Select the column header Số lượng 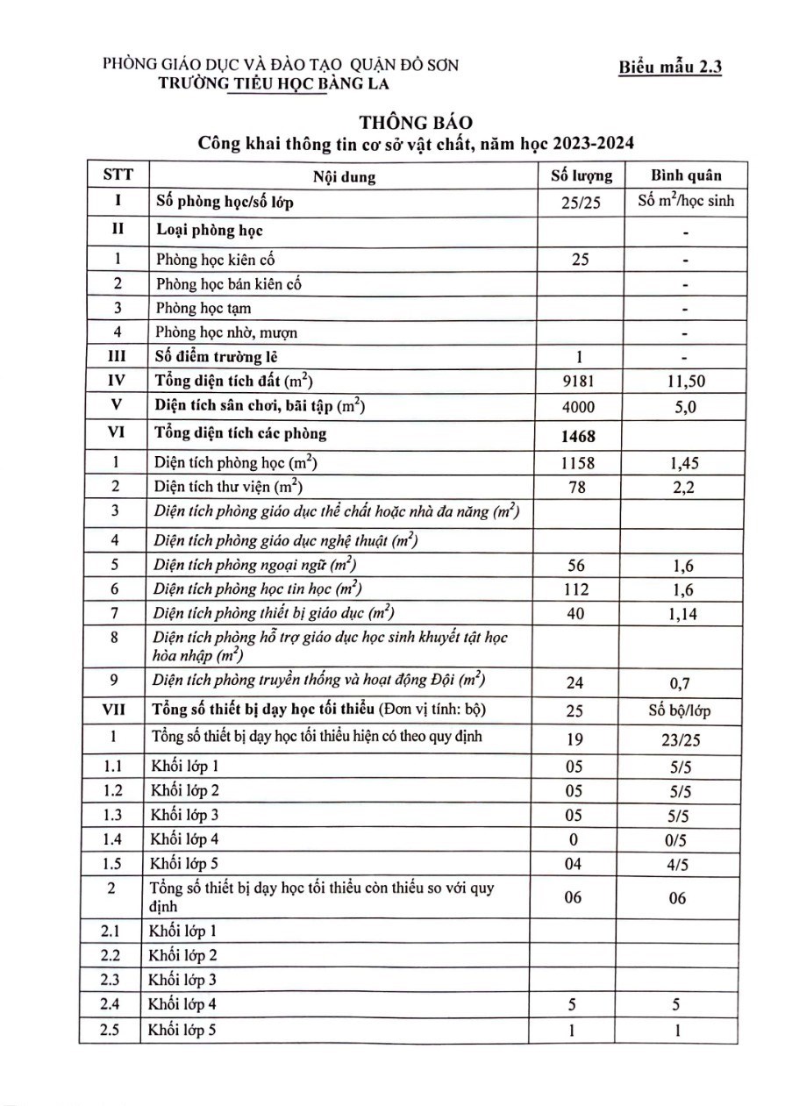click(580, 175)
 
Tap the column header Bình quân click(685, 175)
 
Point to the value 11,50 click(685, 382)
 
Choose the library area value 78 click(577, 487)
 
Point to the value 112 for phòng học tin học click(577, 589)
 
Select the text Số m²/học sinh click(686, 202)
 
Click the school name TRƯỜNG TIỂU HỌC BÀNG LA click(271, 83)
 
